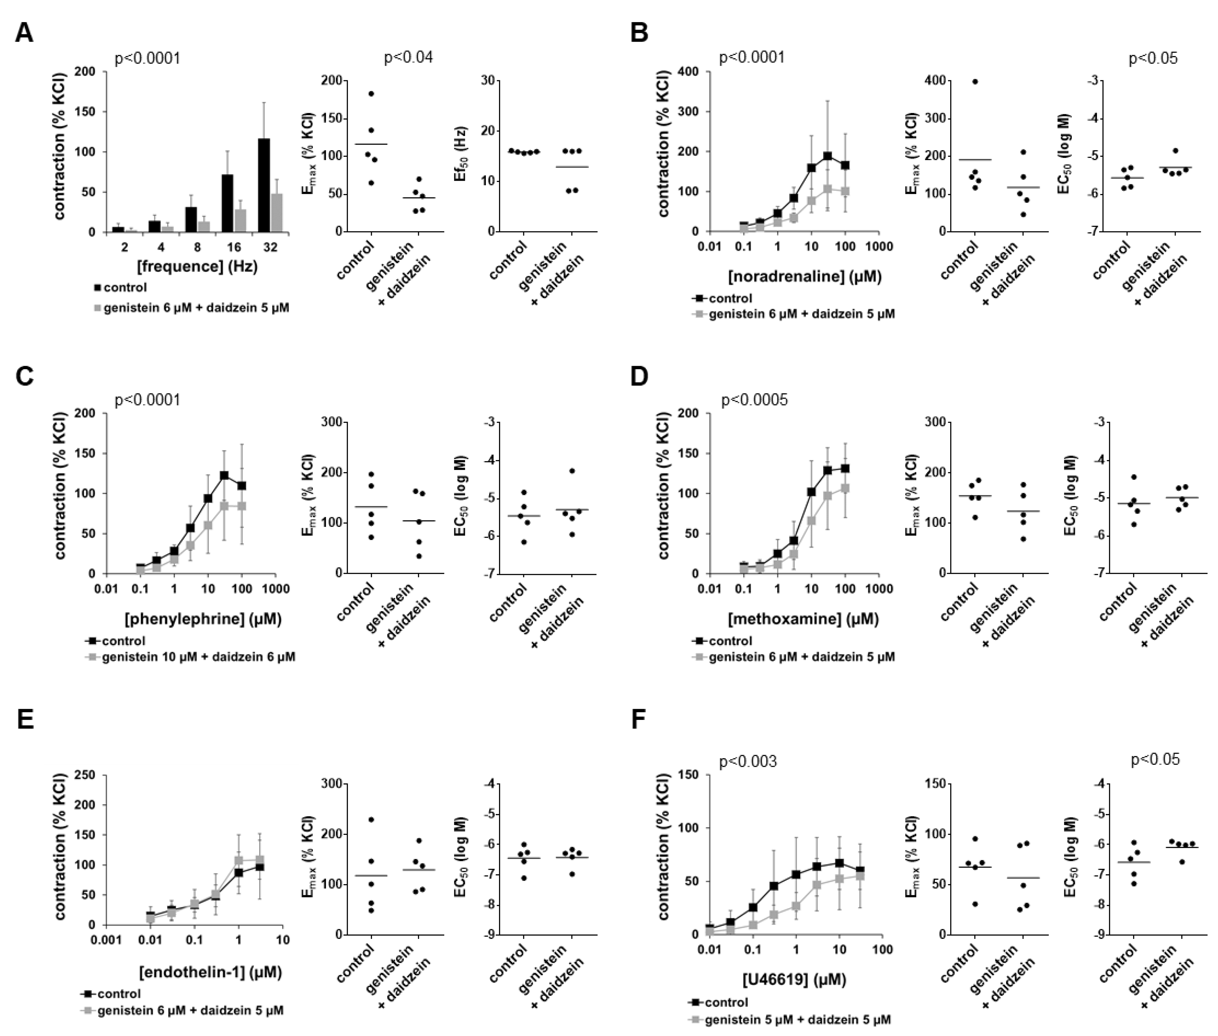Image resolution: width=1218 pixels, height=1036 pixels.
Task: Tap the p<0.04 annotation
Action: (x=408, y=58)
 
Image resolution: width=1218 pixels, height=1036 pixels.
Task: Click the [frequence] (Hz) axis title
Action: (x=197, y=267)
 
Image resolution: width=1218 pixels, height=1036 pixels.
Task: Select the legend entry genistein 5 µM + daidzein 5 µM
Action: (x=797, y=1020)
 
